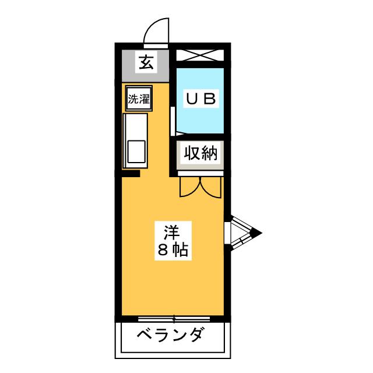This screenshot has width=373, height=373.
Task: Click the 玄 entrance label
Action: [x=146, y=62]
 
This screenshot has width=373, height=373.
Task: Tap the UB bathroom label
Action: [x=201, y=98]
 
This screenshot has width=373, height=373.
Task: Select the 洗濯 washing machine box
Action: [x=139, y=98]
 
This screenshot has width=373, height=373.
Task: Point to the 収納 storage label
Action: [x=200, y=153]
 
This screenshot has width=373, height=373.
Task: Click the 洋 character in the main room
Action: [x=172, y=232]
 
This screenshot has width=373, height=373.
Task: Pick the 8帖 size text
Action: [x=173, y=250]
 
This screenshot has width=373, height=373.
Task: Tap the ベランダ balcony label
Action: [x=171, y=335]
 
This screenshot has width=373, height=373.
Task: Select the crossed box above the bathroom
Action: [x=200, y=55]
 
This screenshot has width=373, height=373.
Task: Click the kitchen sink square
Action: [x=136, y=152]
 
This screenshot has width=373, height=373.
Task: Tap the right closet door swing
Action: [x=211, y=187]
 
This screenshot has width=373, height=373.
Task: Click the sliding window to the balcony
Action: [x=174, y=319]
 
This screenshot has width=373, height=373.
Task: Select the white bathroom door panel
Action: [x=173, y=121]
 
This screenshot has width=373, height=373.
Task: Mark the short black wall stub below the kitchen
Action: [x=131, y=174]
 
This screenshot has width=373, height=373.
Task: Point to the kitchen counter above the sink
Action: [x=135, y=127]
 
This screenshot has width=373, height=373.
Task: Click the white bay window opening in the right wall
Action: [x=227, y=233]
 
